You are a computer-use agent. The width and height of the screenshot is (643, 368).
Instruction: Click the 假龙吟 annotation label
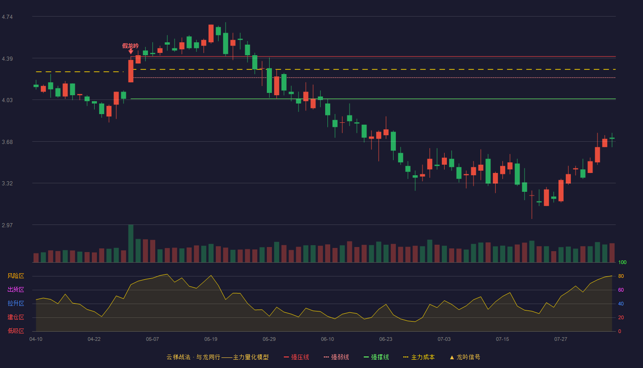coord(130,46)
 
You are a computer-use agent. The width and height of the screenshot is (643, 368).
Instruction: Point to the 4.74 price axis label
coord(7,17)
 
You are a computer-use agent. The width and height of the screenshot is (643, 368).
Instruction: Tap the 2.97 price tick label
coord(7,225)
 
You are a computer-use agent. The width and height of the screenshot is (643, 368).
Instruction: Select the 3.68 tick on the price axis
coord(7,142)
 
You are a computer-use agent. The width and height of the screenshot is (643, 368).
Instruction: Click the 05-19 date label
coord(211,339)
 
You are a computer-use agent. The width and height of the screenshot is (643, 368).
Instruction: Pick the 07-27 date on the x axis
coord(561,339)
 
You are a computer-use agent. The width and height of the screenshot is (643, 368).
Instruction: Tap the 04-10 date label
coord(36,339)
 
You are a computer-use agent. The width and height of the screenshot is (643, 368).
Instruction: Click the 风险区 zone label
coord(16,276)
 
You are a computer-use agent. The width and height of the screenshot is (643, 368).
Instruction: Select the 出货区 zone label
coord(16,289)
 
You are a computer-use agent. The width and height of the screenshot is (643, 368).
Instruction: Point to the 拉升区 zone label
coord(16,303)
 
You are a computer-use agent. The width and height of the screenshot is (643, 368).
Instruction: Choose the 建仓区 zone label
coord(16,317)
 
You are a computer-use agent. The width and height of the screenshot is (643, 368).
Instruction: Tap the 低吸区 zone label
coord(16,331)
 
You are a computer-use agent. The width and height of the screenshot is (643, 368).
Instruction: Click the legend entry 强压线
coord(296,357)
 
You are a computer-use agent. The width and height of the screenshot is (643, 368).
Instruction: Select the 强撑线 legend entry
coord(376,357)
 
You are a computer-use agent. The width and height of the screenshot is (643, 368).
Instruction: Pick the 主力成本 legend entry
coord(419,357)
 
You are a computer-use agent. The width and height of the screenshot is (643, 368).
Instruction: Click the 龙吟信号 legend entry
coord(465,357)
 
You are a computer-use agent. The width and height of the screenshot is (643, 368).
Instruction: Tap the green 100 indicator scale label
coord(622,262)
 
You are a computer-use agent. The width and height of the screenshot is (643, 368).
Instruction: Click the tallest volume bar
coord(130,243)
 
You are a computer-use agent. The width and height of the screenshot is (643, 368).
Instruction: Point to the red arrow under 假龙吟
coord(130,52)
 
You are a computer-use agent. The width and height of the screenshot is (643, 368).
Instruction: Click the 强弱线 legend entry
coord(336,357)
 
